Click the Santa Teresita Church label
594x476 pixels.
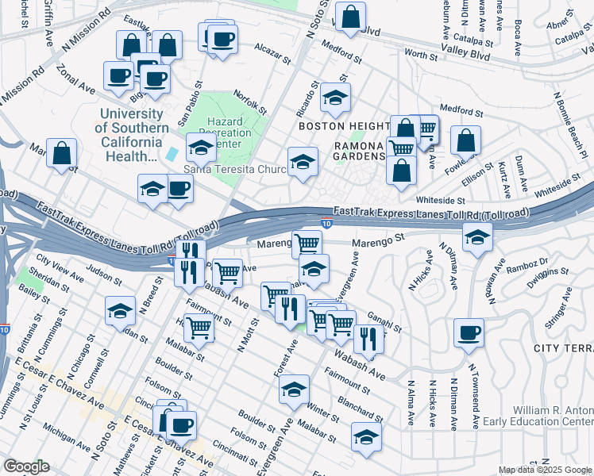pos(235,168)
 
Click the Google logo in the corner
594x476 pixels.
pos(26,466)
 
